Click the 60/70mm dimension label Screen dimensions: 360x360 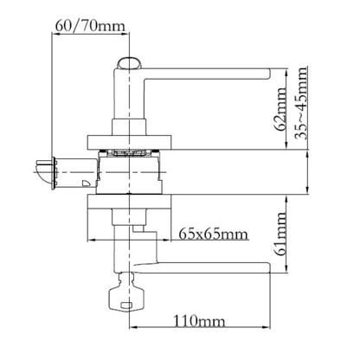click(x=90, y=26)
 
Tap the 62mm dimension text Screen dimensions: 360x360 click(x=280, y=108)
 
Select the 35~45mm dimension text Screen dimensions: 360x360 click(x=301, y=103)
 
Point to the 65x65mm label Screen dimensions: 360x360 click(x=213, y=234)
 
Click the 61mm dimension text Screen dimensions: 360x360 click(x=280, y=235)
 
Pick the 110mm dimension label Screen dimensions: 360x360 click(x=199, y=321)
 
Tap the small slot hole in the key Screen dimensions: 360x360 click(x=126, y=305)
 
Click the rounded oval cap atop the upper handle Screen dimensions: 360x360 click(x=129, y=63)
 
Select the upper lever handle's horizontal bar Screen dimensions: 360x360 click(x=207, y=74)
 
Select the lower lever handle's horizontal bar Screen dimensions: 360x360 click(x=202, y=267)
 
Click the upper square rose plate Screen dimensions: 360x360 click(x=130, y=142)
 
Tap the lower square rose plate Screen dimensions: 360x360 click(x=130, y=202)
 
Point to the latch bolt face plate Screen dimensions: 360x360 click(x=54, y=173)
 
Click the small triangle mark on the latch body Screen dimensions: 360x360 click(x=87, y=183)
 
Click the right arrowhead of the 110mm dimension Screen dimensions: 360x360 click(x=267, y=327)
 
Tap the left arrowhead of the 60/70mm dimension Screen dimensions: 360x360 click(x=55, y=34)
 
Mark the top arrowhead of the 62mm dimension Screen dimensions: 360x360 click(x=286, y=73)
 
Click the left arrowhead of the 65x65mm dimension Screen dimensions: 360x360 click(x=92, y=240)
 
